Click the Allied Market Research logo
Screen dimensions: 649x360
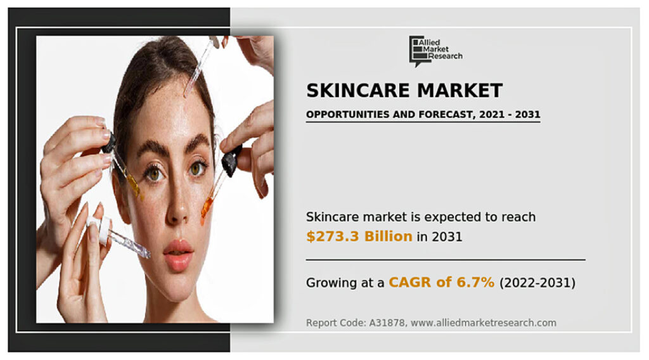pos(435,51)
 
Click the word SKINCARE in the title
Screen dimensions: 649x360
pos(358,91)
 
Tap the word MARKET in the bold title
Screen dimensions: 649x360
pos(460,91)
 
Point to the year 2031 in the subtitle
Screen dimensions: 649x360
pos(527,114)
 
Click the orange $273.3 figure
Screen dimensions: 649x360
pos(333,236)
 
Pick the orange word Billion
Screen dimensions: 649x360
pos(389,236)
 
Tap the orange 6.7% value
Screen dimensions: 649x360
pos(475,282)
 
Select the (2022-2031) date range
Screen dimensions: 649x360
pos(537,283)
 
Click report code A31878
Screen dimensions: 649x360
pos(387,323)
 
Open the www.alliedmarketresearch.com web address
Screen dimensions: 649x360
pos(484,323)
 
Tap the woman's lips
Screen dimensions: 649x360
pos(178,255)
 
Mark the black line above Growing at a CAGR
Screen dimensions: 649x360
pos(446,260)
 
